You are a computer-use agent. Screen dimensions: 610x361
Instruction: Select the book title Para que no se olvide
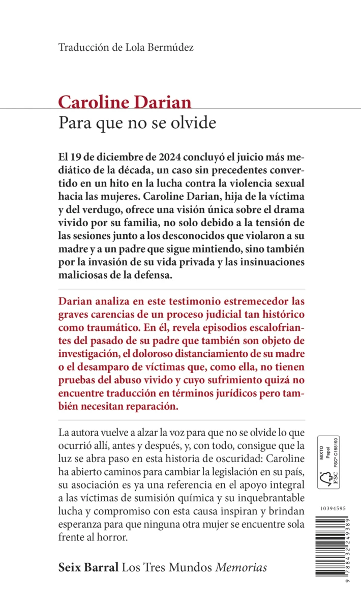137,123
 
